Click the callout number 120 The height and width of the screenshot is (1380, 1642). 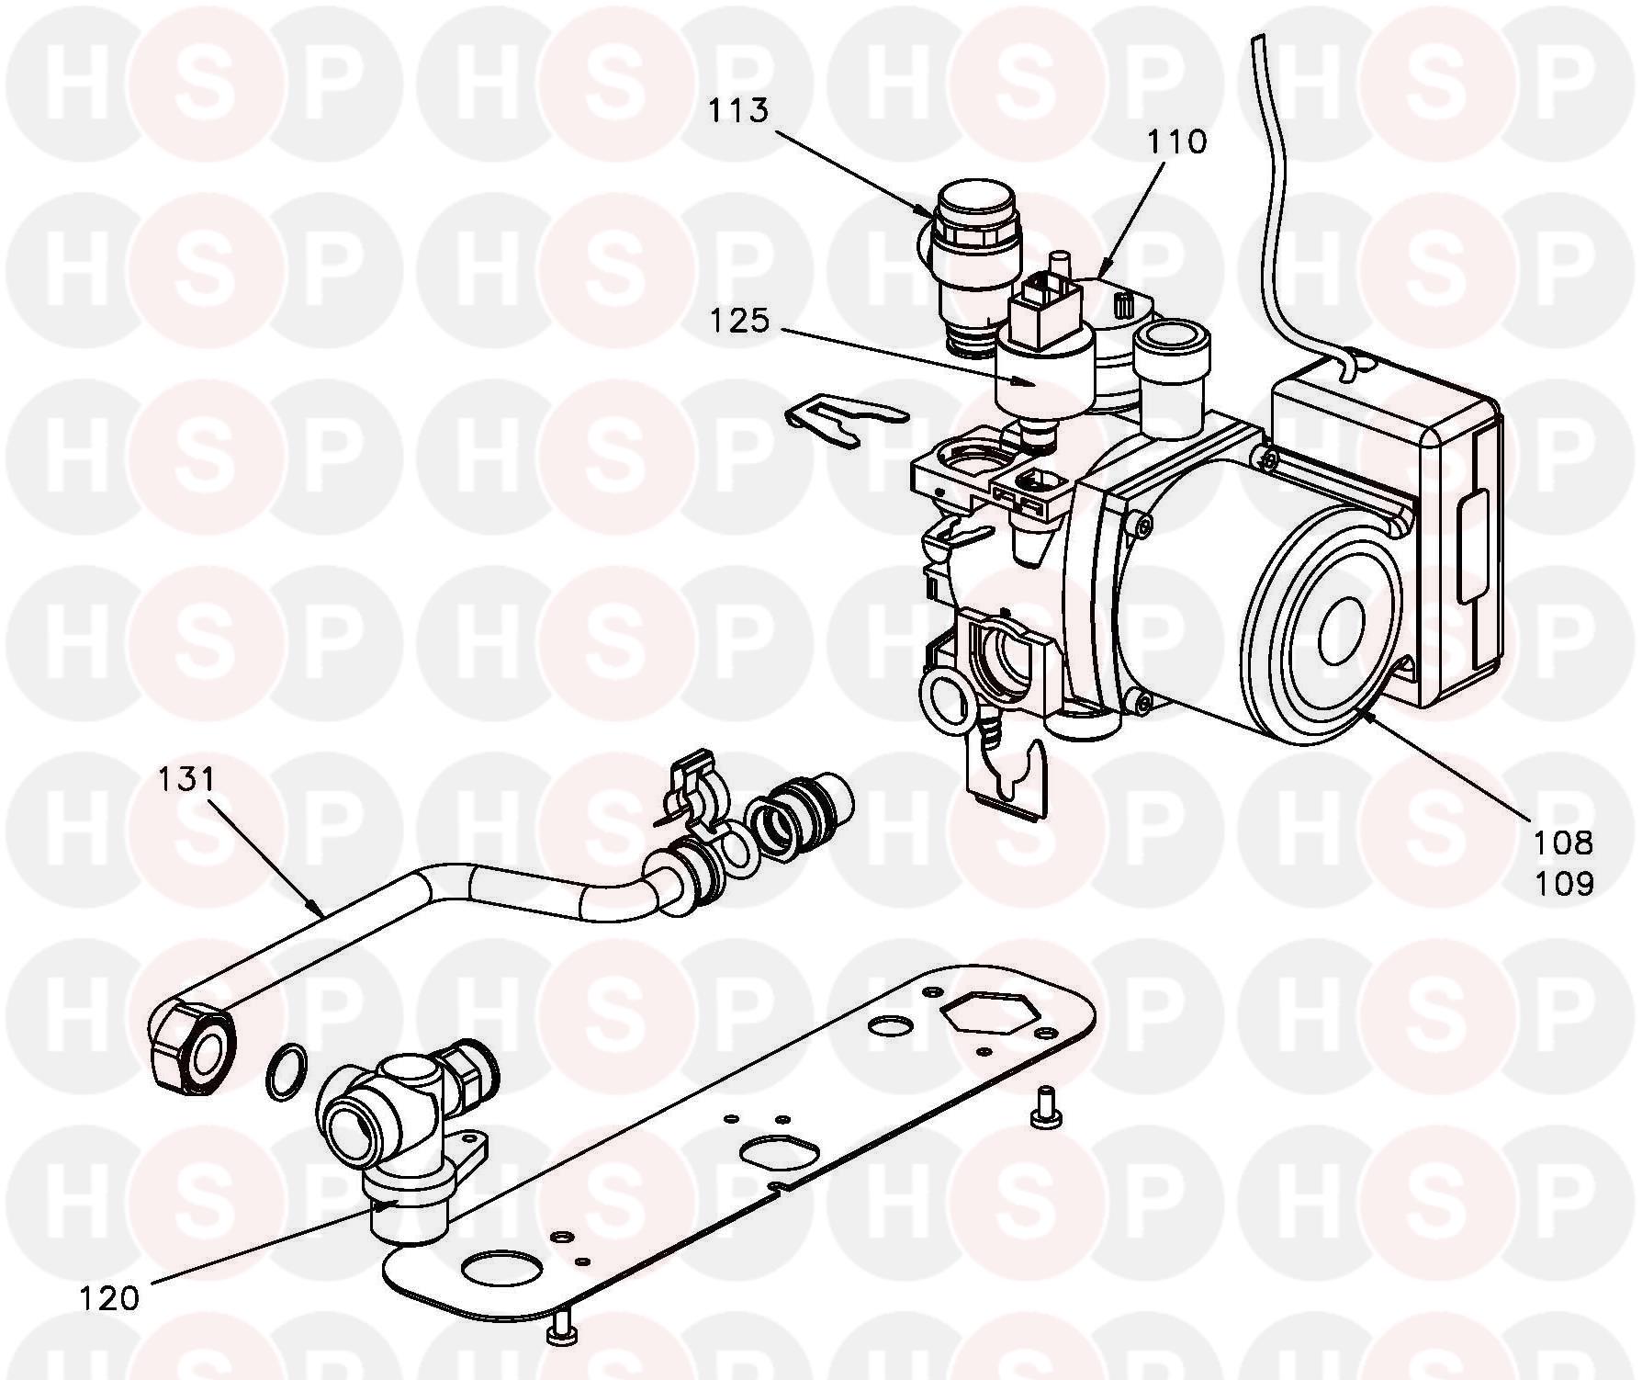tap(108, 1298)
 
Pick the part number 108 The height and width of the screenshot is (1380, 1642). tap(1562, 842)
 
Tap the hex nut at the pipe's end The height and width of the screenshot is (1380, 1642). tap(191, 1046)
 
